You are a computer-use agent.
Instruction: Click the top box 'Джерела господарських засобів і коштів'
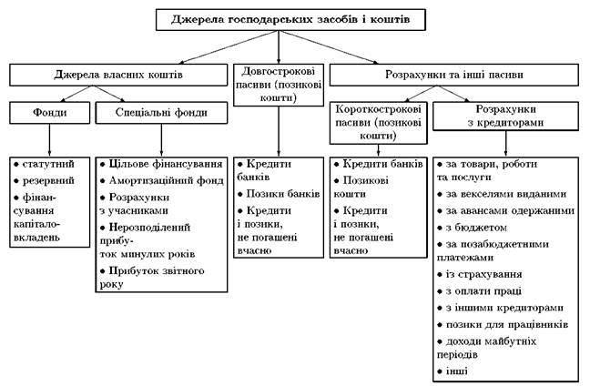[296, 17]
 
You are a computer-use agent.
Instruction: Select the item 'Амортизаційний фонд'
[166, 180]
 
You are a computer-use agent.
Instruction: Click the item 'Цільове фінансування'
[166, 164]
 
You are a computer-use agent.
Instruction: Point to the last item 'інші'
[460, 372]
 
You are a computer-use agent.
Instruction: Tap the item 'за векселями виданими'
[505, 195]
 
